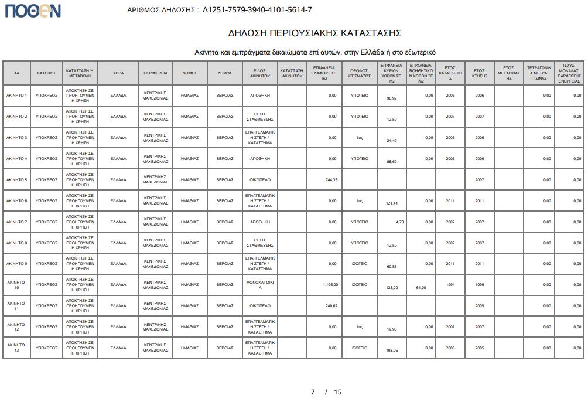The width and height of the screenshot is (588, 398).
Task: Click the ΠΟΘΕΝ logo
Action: (x=33, y=10)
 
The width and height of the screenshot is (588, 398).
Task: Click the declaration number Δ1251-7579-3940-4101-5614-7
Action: (x=257, y=10)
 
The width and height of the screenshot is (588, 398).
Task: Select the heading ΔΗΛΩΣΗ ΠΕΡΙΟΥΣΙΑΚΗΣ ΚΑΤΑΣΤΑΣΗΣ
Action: (x=314, y=33)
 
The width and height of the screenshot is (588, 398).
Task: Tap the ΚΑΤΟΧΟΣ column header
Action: (x=46, y=73)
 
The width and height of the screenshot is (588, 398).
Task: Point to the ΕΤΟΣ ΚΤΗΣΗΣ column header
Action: (x=480, y=73)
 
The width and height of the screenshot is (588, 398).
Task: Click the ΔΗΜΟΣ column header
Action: (x=225, y=73)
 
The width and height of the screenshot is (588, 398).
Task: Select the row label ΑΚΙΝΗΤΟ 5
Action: (x=17, y=180)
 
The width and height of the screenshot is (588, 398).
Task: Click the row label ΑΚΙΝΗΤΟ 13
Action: (x=17, y=348)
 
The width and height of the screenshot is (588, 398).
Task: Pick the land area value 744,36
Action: (x=331, y=180)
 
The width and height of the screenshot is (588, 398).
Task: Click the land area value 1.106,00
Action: (x=331, y=285)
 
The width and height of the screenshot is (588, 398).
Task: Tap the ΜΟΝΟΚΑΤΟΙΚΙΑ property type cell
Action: (x=260, y=285)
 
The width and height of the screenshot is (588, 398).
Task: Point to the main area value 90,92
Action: (x=392, y=98)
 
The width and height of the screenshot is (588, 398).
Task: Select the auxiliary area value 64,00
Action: (x=421, y=288)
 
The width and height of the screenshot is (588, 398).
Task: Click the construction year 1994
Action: (x=450, y=285)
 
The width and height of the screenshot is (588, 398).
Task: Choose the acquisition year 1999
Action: (x=480, y=285)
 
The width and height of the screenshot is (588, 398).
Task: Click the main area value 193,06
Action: (x=392, y=351)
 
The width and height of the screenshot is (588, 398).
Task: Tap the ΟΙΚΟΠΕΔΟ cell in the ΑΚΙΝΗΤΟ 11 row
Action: (x=260, y=306)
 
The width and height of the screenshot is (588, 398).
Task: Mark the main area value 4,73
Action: (x=399, y=222)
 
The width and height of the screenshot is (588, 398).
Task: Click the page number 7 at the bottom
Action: (x=313, y=392)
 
